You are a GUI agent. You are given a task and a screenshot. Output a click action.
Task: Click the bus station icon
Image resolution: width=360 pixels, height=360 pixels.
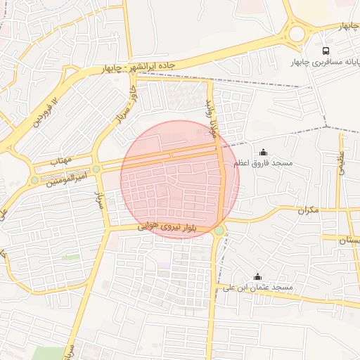[326, 51]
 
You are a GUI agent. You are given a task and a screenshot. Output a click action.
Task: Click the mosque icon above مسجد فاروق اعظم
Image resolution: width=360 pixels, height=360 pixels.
[264, 152]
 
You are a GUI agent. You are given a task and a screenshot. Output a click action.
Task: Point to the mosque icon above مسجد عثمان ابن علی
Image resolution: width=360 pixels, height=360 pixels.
[257, 276]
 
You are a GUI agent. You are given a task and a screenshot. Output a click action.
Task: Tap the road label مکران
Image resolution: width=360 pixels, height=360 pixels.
[308, 210]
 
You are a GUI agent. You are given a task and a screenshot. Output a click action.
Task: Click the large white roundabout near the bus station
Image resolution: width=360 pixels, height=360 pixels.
[297, 33]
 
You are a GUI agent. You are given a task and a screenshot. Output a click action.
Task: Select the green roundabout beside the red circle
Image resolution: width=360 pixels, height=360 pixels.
[219, 231]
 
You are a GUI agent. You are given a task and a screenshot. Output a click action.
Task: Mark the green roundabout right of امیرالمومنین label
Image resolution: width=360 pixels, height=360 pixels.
[96, 169]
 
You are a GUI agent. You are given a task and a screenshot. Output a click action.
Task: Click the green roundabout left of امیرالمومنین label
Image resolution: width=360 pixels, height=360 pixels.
[34, 181]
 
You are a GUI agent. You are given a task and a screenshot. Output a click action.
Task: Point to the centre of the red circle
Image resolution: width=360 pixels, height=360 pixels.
[180, 179]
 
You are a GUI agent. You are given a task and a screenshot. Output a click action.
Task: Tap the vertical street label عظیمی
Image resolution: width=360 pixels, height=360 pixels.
[342, 162]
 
